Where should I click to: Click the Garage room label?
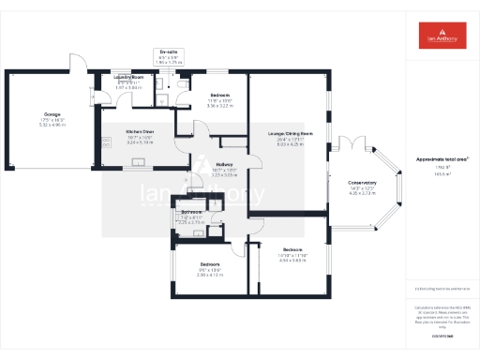point(38,113)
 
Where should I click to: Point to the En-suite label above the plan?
point(169,52)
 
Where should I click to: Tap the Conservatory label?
point(362,183)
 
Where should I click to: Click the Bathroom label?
point(191,213)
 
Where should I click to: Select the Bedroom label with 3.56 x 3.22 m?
point(219,97)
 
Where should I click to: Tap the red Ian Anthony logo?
point(443,36)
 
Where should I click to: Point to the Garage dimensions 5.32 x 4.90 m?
point(38,123)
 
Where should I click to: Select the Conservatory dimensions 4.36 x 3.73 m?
point(362,193)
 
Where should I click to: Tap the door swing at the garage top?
point(75,62)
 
